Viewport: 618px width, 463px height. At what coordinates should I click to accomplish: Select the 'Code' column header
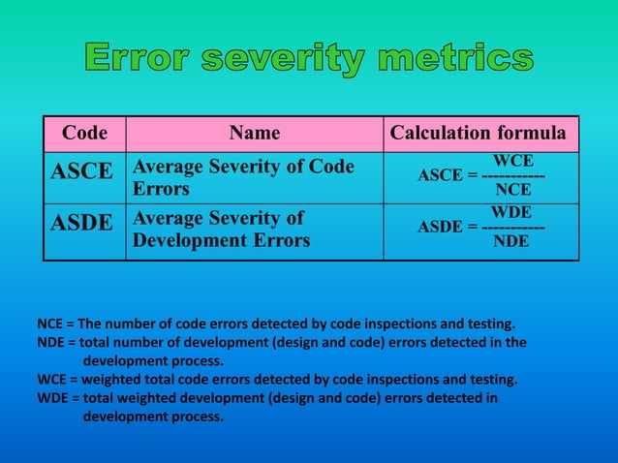[84, 133]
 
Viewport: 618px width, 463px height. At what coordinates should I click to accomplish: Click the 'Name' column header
[254, 133]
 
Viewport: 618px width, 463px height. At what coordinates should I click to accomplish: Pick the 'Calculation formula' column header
[479, 133]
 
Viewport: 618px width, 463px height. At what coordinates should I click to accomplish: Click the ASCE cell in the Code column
[82, 171]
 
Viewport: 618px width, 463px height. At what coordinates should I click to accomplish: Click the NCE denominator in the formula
[512, 191]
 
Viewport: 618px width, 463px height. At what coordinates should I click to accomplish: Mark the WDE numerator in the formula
[511, 210]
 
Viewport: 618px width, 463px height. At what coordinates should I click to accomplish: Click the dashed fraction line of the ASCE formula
[512, 176]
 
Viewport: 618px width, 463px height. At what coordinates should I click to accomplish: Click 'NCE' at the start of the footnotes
[49, 324]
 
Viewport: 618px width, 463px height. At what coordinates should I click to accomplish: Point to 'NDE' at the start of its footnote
[50, 342]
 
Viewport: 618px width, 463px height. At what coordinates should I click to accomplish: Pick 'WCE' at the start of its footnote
[50, 379]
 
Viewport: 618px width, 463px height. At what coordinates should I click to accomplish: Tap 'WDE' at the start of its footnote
[51, 397]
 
